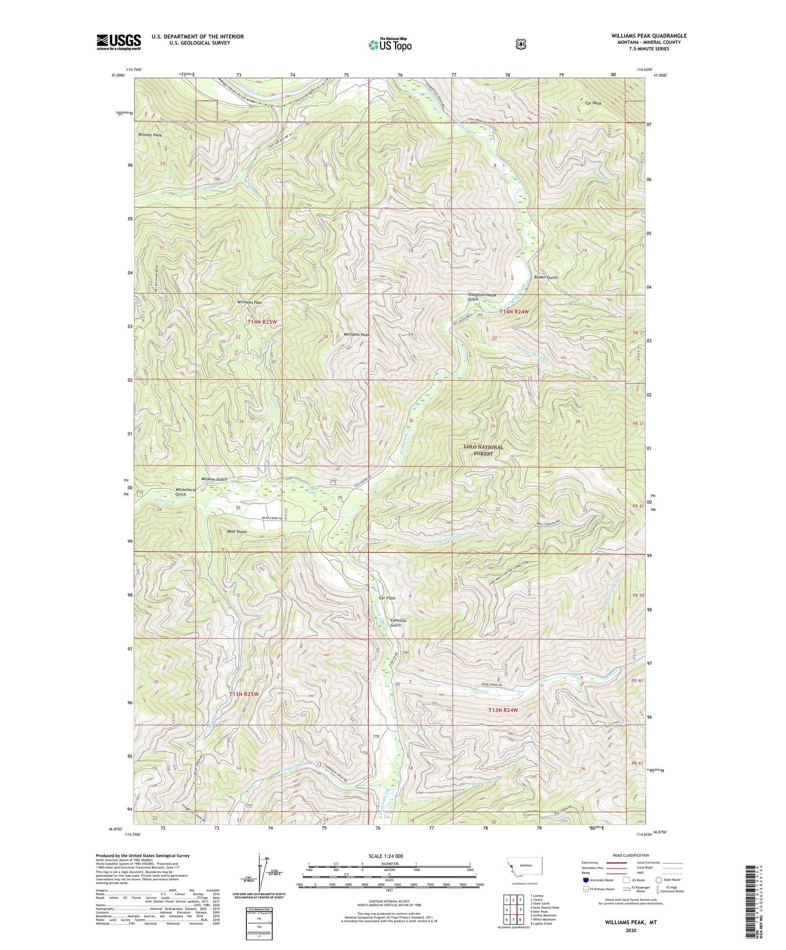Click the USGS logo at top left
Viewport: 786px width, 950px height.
[x=118, y=42]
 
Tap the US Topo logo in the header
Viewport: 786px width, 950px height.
[x=390, y=45]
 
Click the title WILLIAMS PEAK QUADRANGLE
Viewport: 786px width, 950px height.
[x=648, y=36]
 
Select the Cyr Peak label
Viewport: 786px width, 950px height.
[x=593, y=103]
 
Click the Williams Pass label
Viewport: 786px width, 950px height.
[x=249, y=302]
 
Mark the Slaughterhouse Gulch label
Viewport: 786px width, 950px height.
[x=482, y=297]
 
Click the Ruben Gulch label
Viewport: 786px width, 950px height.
[x=545, y=277]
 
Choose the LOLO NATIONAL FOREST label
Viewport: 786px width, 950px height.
[x=483, y=450]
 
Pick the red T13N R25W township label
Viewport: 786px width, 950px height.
[x=244, y=694]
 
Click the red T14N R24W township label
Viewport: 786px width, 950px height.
[x=514, y=312]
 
